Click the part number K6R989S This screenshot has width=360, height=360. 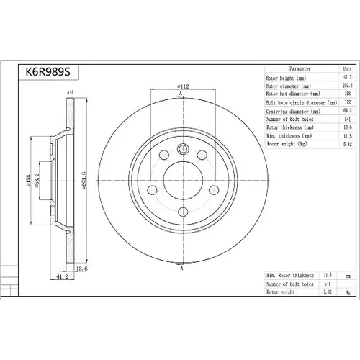[48, 71]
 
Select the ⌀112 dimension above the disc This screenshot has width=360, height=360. [183, 86]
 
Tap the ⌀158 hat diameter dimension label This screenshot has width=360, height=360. [28, 180]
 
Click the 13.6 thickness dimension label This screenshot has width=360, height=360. [82, 269]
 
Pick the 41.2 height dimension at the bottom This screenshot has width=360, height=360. [62, 276]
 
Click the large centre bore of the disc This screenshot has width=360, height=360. [183, 181]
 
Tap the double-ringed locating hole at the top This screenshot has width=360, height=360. [183, 149]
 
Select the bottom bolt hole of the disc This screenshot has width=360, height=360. [183, 212]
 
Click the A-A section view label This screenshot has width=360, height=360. [70, 92]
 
